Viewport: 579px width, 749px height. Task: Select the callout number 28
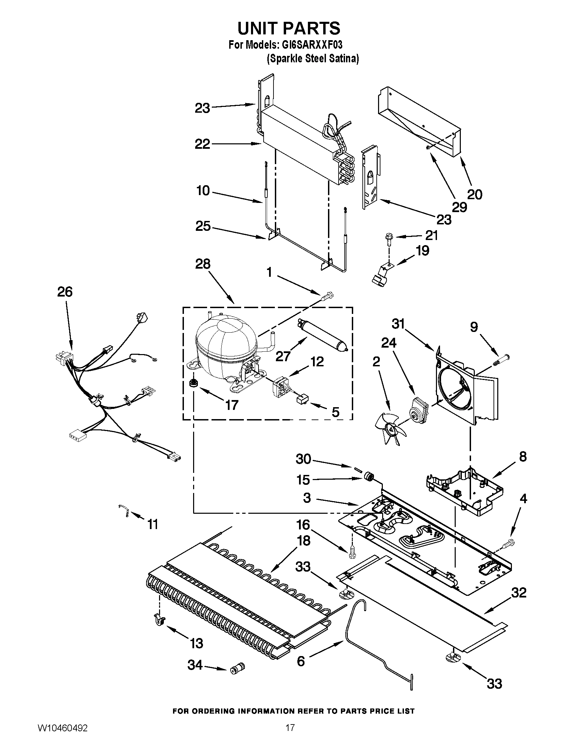tap(203, 264)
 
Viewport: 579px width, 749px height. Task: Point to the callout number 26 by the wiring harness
tap(65, 292)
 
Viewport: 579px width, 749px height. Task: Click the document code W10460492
tap(62, 735)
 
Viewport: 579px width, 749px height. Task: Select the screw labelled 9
tap(501, 360)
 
